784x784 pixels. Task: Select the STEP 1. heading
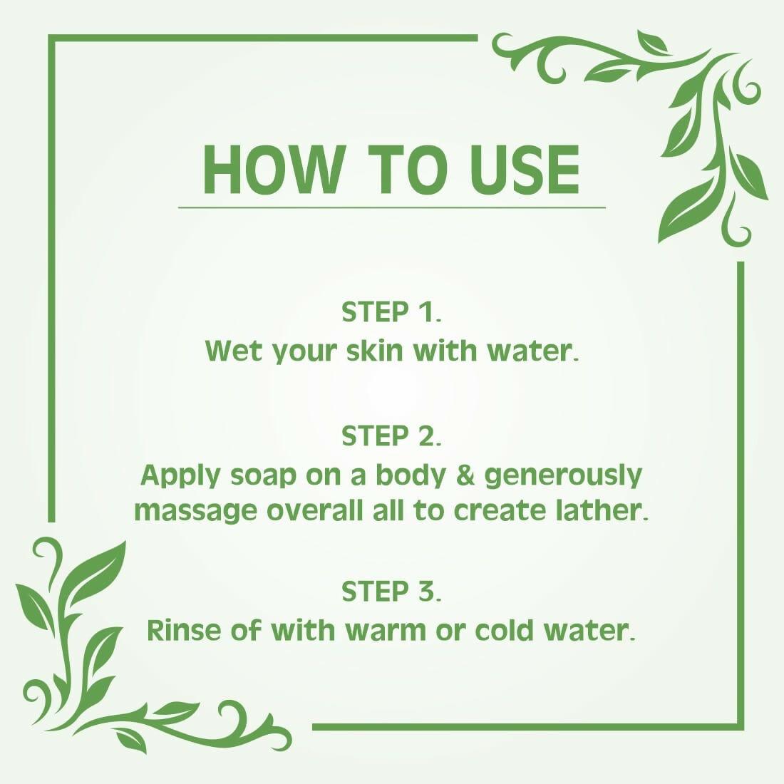click(x=392, y=312)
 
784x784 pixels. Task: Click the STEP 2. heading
click(x=392, y=435)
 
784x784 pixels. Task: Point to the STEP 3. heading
click(x=392, y=592)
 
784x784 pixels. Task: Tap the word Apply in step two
click(x=181, y=475)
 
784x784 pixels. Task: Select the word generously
click(x=563, y=475)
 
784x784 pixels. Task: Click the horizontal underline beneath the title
click(x=391, y=207)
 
